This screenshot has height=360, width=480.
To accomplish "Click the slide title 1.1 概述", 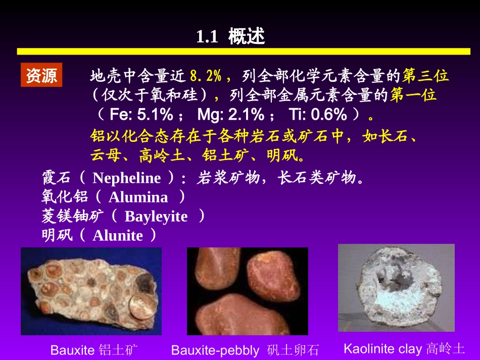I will (x=230, y=36).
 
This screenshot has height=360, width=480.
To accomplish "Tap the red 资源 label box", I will (x=41, y=75).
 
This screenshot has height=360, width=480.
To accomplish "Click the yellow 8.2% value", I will (x=206, y=76).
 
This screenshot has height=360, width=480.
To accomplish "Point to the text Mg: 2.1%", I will (x=230, y=115).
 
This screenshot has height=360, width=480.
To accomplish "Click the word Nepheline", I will (x=127, y=178).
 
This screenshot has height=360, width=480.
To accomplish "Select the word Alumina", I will (x=138, y=197).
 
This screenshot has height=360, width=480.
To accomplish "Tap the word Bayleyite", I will (x=156, y=217).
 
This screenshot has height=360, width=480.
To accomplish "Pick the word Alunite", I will (x=118, y=236).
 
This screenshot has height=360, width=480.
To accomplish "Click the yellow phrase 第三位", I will (x=425, y=76).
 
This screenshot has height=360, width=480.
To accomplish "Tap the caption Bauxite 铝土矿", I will (x=94, y=350).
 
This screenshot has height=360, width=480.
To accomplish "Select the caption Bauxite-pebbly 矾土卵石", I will (x=245, y=350).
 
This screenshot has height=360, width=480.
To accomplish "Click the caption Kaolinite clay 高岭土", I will (x=404, y=348).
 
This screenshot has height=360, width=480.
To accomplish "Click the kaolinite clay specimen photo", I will (x=396, y=288).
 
